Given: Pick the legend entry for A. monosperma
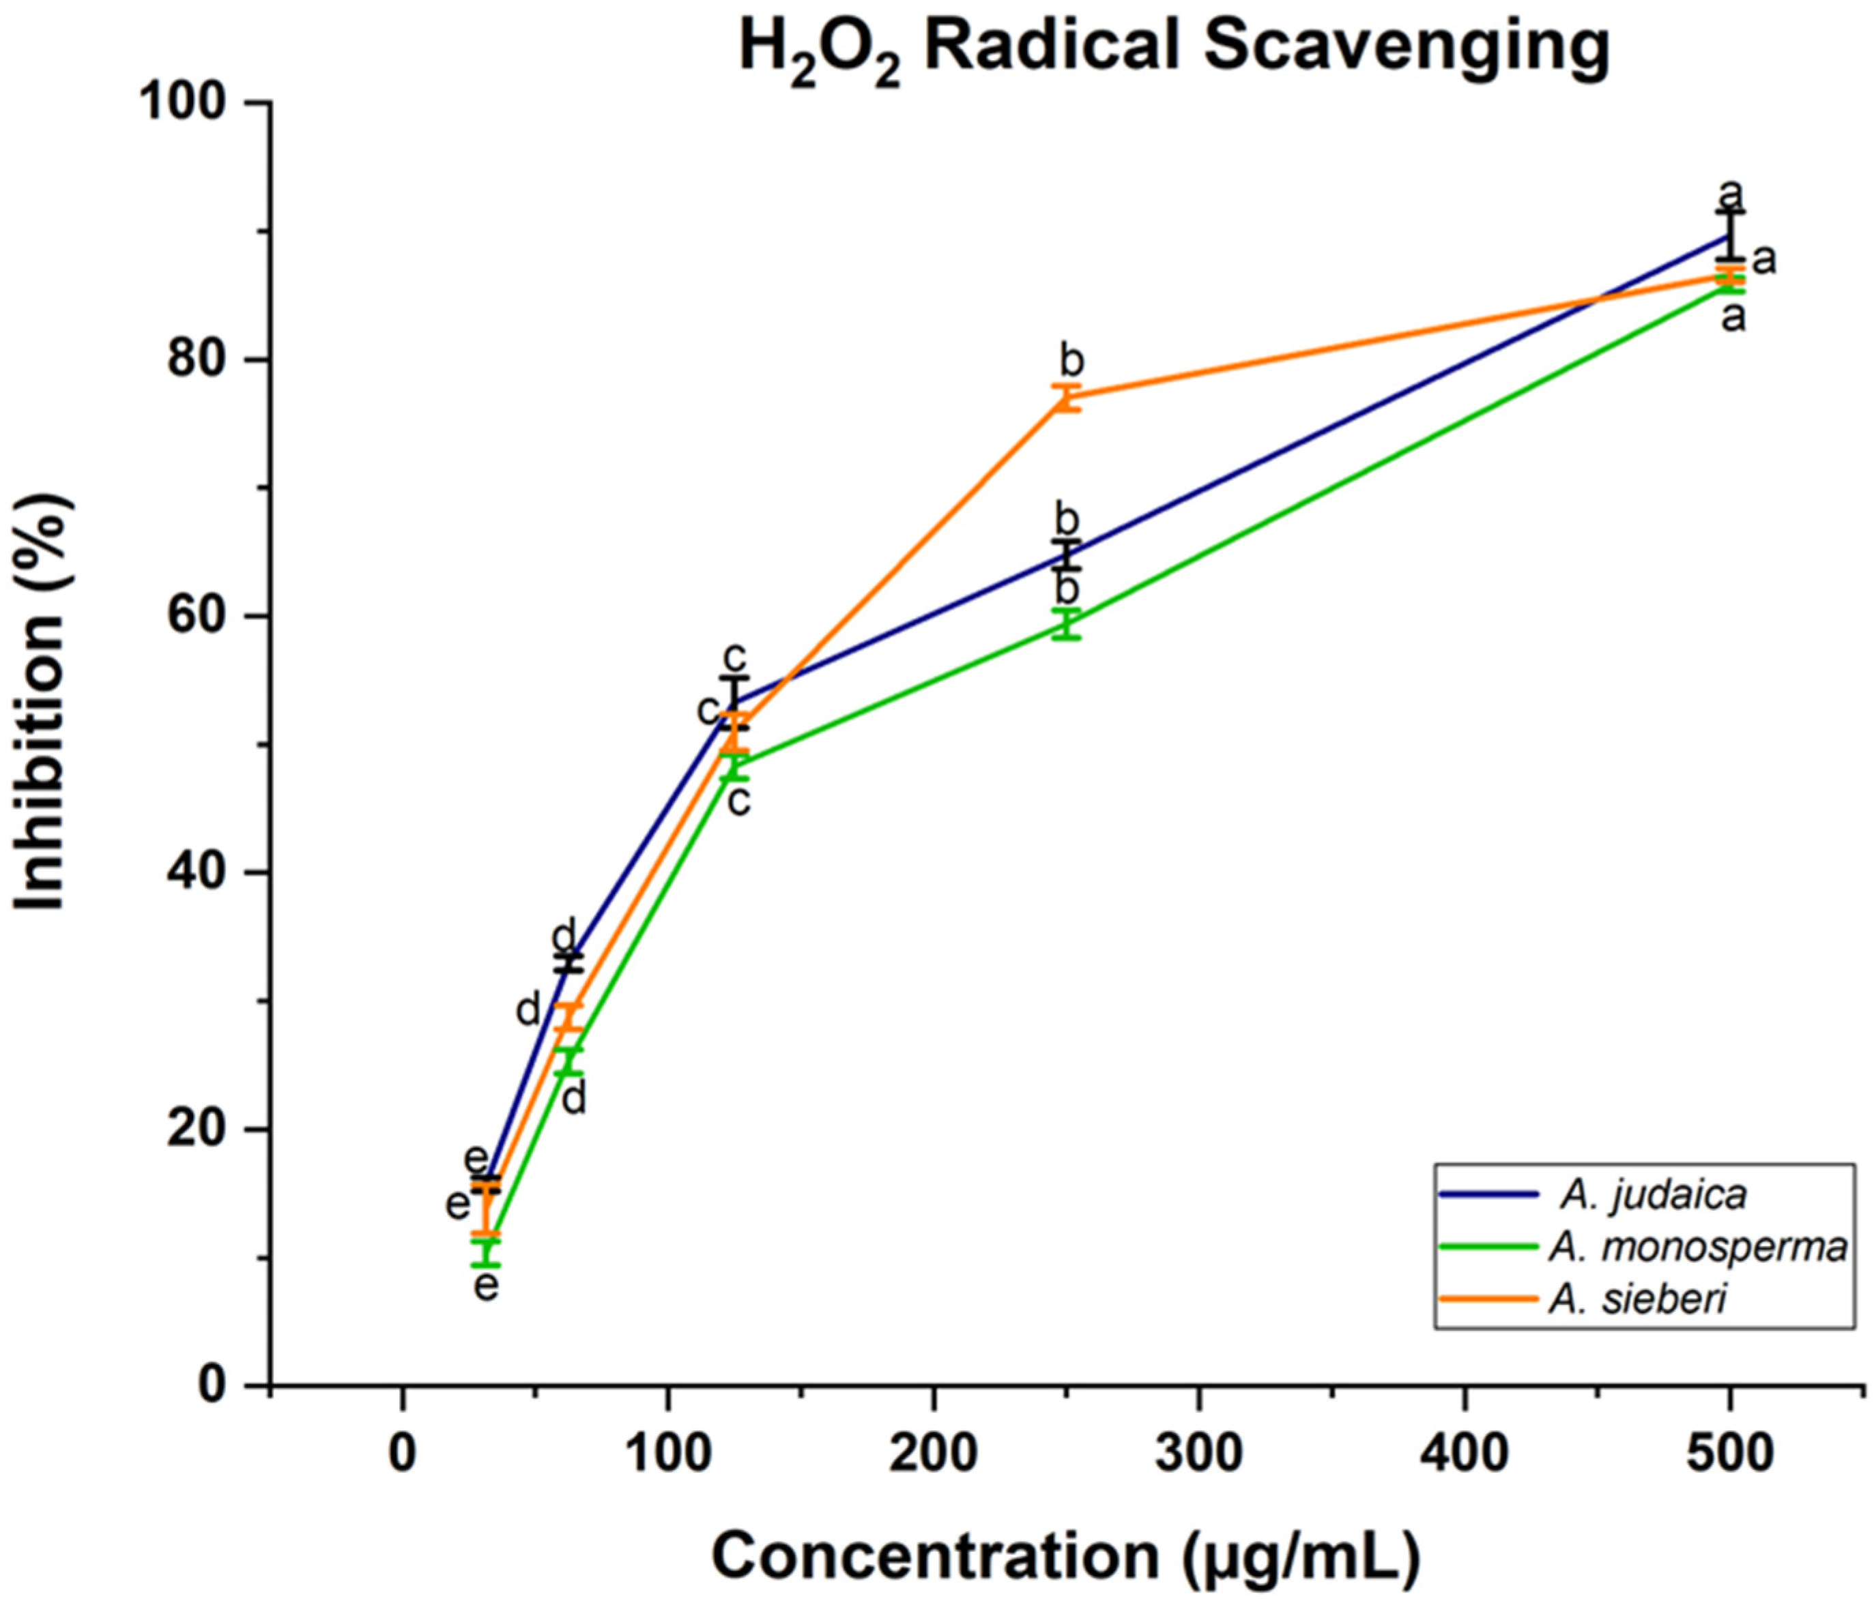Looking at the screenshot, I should click(x=1697, y=1247).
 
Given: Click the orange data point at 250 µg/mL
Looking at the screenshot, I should click(x=1067, y=397).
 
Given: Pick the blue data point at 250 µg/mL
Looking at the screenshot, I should click(x=1067, y=554).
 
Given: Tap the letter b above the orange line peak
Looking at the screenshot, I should click(x=1071, y=362).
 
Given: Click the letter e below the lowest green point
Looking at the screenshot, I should click(x=487, y=1284).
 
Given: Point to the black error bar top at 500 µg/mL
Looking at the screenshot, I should click(x=1729, y=211).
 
